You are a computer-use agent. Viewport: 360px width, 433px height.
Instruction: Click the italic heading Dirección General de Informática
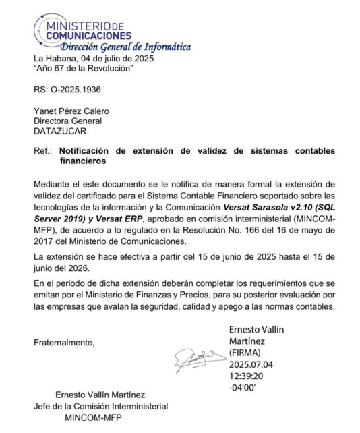tap(125, 47)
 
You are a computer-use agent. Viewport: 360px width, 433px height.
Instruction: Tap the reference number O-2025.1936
tap(72, 90)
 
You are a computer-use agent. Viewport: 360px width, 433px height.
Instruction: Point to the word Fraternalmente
tap(64, 343)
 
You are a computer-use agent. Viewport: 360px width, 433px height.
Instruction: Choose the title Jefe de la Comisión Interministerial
tap(101, 407)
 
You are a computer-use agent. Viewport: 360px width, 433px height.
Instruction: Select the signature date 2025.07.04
tap(253, 365)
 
